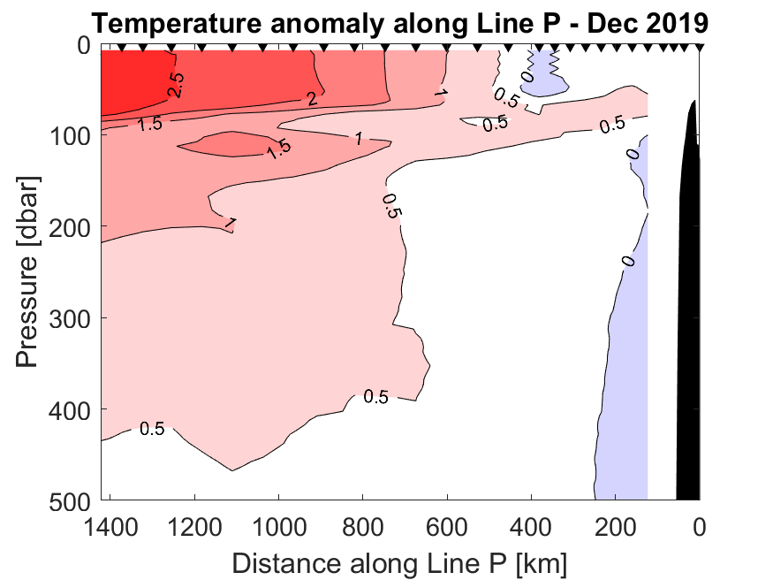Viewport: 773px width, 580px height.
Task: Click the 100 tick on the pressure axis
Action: (x=72, y=136)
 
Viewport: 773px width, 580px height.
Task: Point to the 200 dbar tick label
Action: (x=72, y=227)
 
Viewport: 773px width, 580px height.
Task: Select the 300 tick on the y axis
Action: (x=72, y=318)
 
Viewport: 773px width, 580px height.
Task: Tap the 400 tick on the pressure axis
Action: (x=72, y=409)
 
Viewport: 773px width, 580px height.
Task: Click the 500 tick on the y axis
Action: (x=72, y=500)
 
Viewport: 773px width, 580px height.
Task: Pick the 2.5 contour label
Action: (x=177, y=85)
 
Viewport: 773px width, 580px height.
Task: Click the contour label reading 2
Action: (x=312, y=99)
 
